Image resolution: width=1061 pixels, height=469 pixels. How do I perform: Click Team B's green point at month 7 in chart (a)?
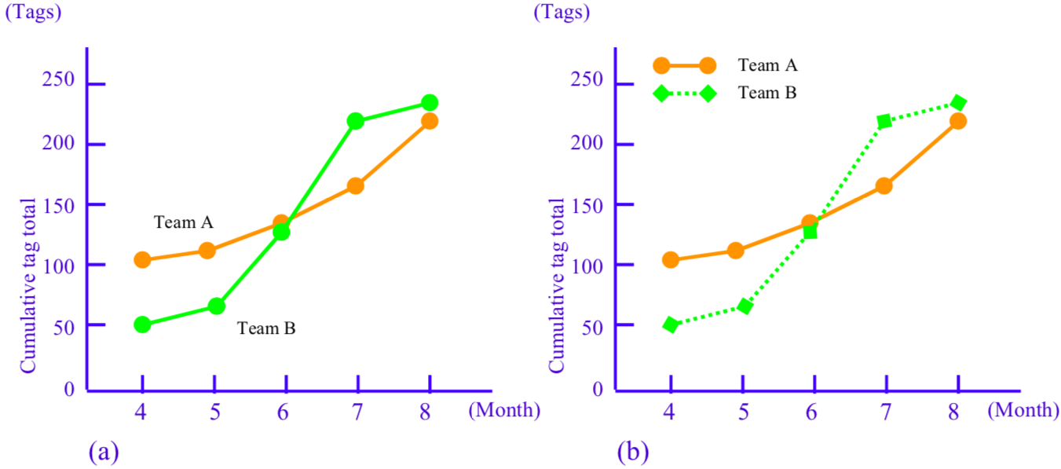(x=355, y=121)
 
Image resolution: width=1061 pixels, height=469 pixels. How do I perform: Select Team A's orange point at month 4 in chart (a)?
(x=142, y=260)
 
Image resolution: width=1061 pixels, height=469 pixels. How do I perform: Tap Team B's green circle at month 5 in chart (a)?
(x=216, y=306)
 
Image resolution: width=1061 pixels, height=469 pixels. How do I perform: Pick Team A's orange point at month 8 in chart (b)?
(x=957, y=121)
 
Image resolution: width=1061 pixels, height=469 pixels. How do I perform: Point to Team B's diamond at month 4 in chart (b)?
(x=671, y=324)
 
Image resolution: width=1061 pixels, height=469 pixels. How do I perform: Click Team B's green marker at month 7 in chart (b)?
(x=884, y=121)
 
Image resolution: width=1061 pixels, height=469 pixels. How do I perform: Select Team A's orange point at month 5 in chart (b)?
(x=736, y=251)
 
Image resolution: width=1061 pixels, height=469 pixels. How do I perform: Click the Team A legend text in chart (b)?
(x=767, y=65)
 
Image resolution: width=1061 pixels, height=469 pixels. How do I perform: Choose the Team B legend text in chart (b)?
(x=767, y=93)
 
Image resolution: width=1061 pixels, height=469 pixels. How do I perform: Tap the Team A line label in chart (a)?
(x=183, y=222)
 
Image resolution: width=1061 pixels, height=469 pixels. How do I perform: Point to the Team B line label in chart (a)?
(x=266, y=328)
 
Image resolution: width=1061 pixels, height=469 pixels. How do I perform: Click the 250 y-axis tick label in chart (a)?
(x=59, y=82)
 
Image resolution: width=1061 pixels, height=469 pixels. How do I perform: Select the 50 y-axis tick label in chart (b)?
(x=595, y=324)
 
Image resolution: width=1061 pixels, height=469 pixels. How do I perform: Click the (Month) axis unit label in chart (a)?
(x=504, y=410)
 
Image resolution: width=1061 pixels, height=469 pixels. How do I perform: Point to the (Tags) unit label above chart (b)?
(x=562, y=12)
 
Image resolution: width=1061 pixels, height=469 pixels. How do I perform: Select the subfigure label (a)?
(x=104, y=452)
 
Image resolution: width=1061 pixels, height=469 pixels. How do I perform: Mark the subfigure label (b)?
(x=633, y=452)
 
